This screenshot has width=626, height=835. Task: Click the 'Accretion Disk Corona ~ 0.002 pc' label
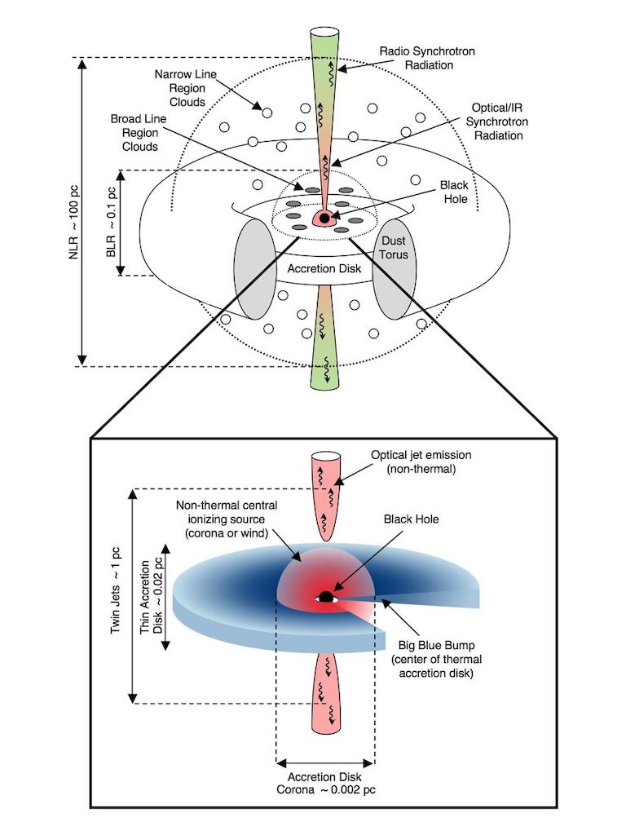click(x=325, y=784)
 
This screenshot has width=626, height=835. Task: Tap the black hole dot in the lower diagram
click(x=326, y=598)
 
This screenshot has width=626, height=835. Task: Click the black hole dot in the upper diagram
click(x=324, y=219)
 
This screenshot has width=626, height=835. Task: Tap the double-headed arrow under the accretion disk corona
click(x=325, y=763)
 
